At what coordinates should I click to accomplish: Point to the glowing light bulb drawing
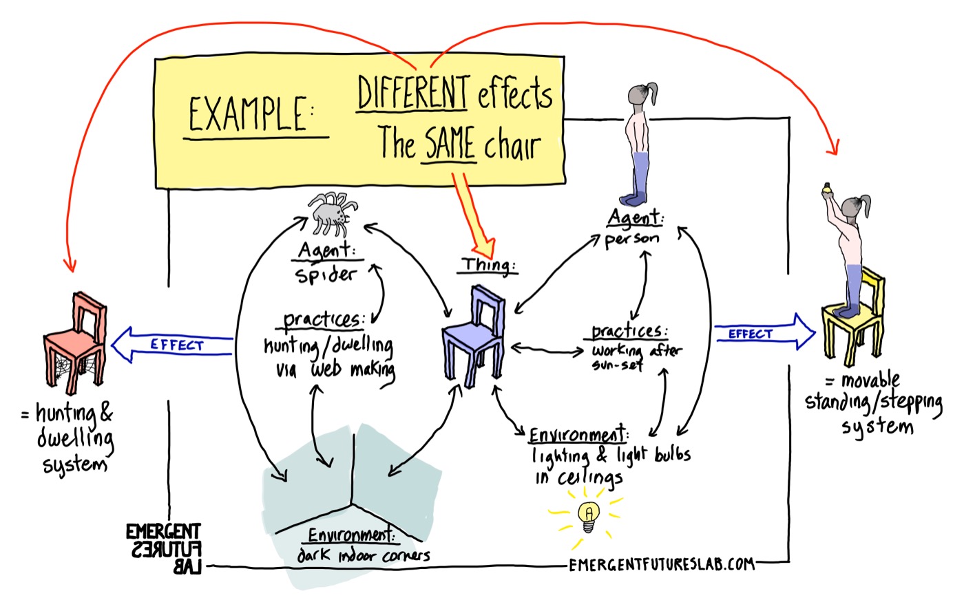(x=588, y=515)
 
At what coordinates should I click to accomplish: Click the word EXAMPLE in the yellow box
(x=249, y=114)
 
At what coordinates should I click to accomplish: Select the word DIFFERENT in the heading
(x=413, y=93)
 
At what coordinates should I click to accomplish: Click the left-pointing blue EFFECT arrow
(x=172, y=344)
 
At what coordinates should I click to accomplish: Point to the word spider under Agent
(x=326, y=275)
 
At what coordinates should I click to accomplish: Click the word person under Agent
(x=631, y=239)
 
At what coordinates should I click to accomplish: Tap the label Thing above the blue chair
(x=488, y=265)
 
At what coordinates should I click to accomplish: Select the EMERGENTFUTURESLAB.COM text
(x=662, y=565)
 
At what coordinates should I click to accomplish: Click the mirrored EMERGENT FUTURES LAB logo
(x=163, y=548)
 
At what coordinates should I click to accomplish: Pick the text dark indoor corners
(x=363, y=555)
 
